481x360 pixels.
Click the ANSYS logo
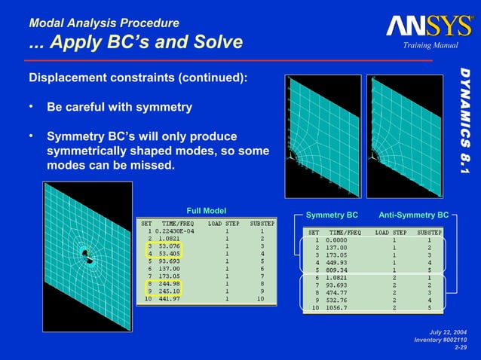point(430,26)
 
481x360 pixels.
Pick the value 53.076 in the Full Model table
point(165,246)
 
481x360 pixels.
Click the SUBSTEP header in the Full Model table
point(260,223)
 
